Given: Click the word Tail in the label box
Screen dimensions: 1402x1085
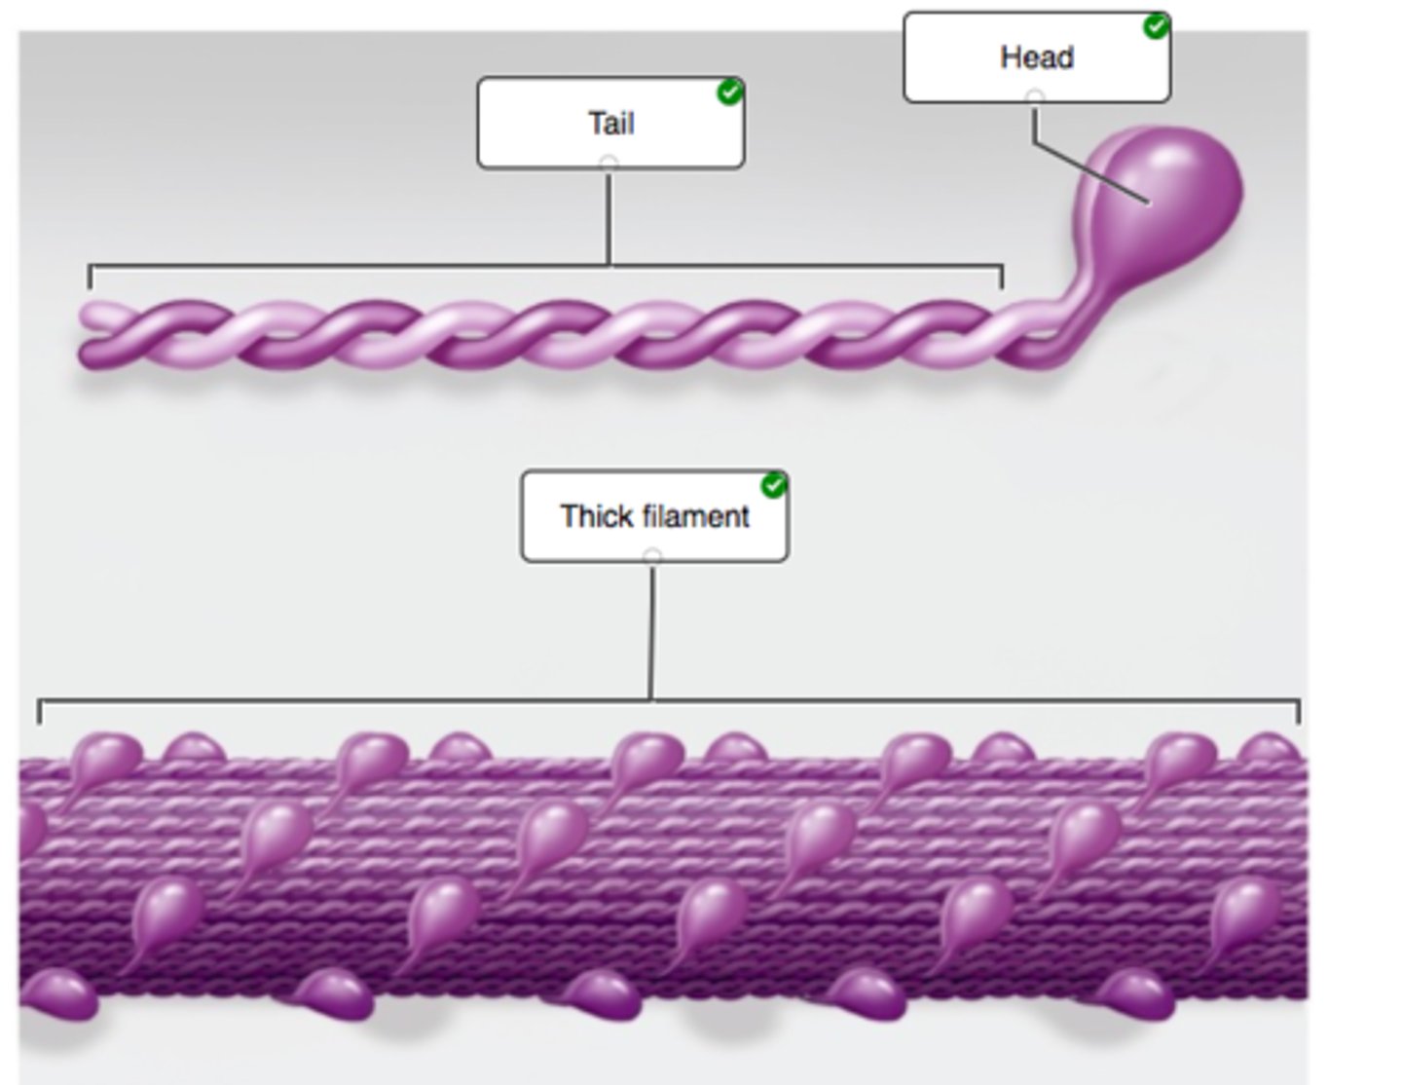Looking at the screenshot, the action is coord(610,124).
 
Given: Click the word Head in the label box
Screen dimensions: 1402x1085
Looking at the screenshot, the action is coord(1037,57).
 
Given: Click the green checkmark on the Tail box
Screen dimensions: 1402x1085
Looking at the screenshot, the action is coord(729,93).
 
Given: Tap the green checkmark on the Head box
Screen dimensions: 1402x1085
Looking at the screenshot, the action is coord(1156,26).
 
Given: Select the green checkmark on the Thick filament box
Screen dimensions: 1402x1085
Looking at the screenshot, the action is coord(774,485).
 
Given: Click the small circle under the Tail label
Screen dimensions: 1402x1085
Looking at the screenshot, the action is coord(609,163).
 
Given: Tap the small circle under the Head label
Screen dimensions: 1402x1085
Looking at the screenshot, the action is coord(1035,97).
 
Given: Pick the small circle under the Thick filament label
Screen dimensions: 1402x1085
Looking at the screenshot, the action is coord(652,556).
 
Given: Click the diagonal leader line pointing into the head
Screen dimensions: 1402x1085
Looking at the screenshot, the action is coord(1090,173).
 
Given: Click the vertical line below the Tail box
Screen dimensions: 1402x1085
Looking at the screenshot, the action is coord(609,219).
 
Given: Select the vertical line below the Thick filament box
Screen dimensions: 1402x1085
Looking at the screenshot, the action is coord(651,633).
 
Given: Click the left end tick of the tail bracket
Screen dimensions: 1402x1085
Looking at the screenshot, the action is coord(90,278).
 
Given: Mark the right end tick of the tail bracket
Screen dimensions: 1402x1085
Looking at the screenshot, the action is coord(1002,278).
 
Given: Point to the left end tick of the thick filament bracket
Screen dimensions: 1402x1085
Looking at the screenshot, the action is coord(39,712).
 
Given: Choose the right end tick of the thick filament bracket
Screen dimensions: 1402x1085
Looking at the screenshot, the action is coord(1299,712).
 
